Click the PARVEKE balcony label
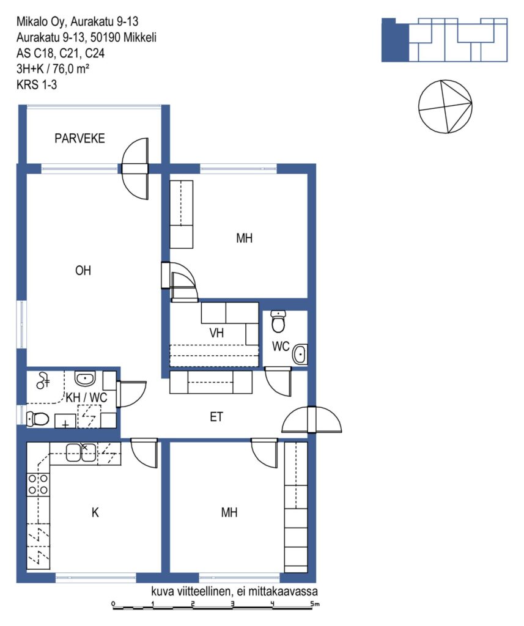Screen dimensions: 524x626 coord(79,139)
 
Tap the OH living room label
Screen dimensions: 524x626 coord(83,271)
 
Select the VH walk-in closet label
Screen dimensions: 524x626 coord(216,333)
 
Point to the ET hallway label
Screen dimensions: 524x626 coord(216,417)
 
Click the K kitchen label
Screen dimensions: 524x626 coord(95,512)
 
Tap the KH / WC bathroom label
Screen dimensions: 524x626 coord(86,397)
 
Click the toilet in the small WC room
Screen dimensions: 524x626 coord(278,322)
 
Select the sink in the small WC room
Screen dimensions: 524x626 coord(300,354)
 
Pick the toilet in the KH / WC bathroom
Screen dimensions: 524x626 coord(37,419)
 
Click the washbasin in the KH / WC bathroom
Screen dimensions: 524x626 coord(85,378)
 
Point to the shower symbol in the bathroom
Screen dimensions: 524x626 coord(42,381)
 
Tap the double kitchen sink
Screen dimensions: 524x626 coord(81,452)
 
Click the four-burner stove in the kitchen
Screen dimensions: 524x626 coord(38,484)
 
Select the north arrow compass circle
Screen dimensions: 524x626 coord(445,106)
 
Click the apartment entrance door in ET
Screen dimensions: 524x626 coord(311,419)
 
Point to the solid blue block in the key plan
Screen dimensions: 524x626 coord(395,40)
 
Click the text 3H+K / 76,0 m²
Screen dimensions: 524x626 coord(53,69)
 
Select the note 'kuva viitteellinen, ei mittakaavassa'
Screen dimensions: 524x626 coord(234,591)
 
